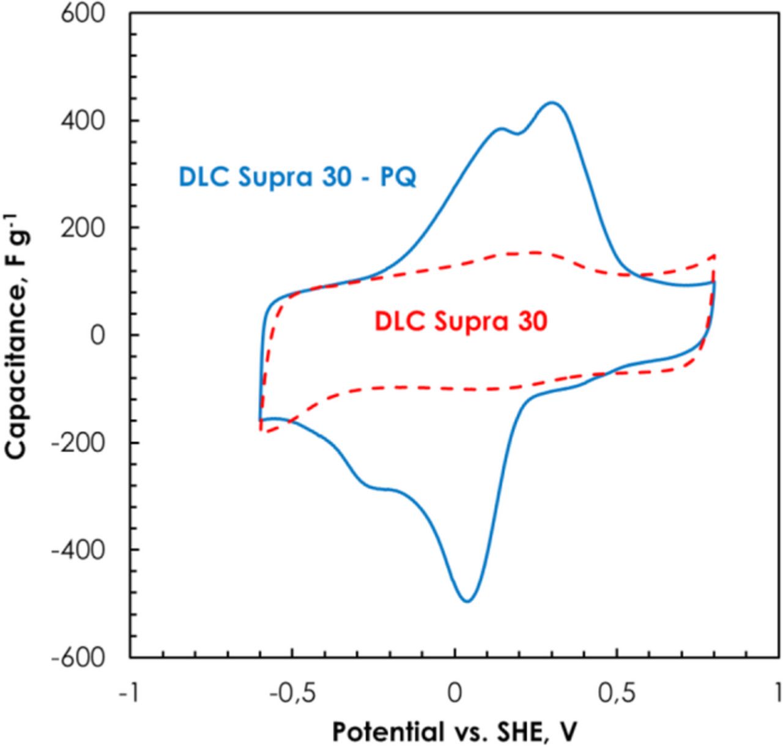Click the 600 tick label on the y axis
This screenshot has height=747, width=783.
(x=83, y=13)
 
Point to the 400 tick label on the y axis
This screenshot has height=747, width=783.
(x=83, y=121)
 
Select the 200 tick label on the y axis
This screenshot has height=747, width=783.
(x=83, y=228)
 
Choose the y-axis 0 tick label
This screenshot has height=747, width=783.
(x=97, y=335)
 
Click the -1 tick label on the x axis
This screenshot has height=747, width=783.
(x=129, y=694)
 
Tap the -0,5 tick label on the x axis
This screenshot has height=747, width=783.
(x=292, y=694)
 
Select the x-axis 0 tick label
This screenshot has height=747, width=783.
(x=455, y=694)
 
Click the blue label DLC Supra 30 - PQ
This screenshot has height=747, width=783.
(x=297, y=177)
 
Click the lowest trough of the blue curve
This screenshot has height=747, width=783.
(x=467, y=601)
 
